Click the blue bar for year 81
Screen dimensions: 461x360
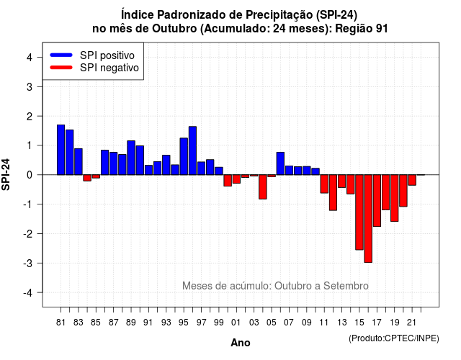61,150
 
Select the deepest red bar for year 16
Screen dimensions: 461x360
368,219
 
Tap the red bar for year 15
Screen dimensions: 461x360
359,212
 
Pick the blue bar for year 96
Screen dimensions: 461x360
192,150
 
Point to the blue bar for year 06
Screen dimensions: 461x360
280,163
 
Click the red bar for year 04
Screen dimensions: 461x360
263,187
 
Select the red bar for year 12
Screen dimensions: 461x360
333,192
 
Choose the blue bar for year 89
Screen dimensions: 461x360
131,158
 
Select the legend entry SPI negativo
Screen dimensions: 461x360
94,68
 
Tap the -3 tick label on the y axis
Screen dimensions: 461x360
27,263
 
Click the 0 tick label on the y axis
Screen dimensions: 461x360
30,175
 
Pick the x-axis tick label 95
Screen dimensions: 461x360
184,323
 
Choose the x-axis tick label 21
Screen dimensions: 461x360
411,323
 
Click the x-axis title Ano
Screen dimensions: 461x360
241,343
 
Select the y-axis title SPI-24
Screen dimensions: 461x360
6,174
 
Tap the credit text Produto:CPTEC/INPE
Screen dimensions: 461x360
394,338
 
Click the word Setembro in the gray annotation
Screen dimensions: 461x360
346,286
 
